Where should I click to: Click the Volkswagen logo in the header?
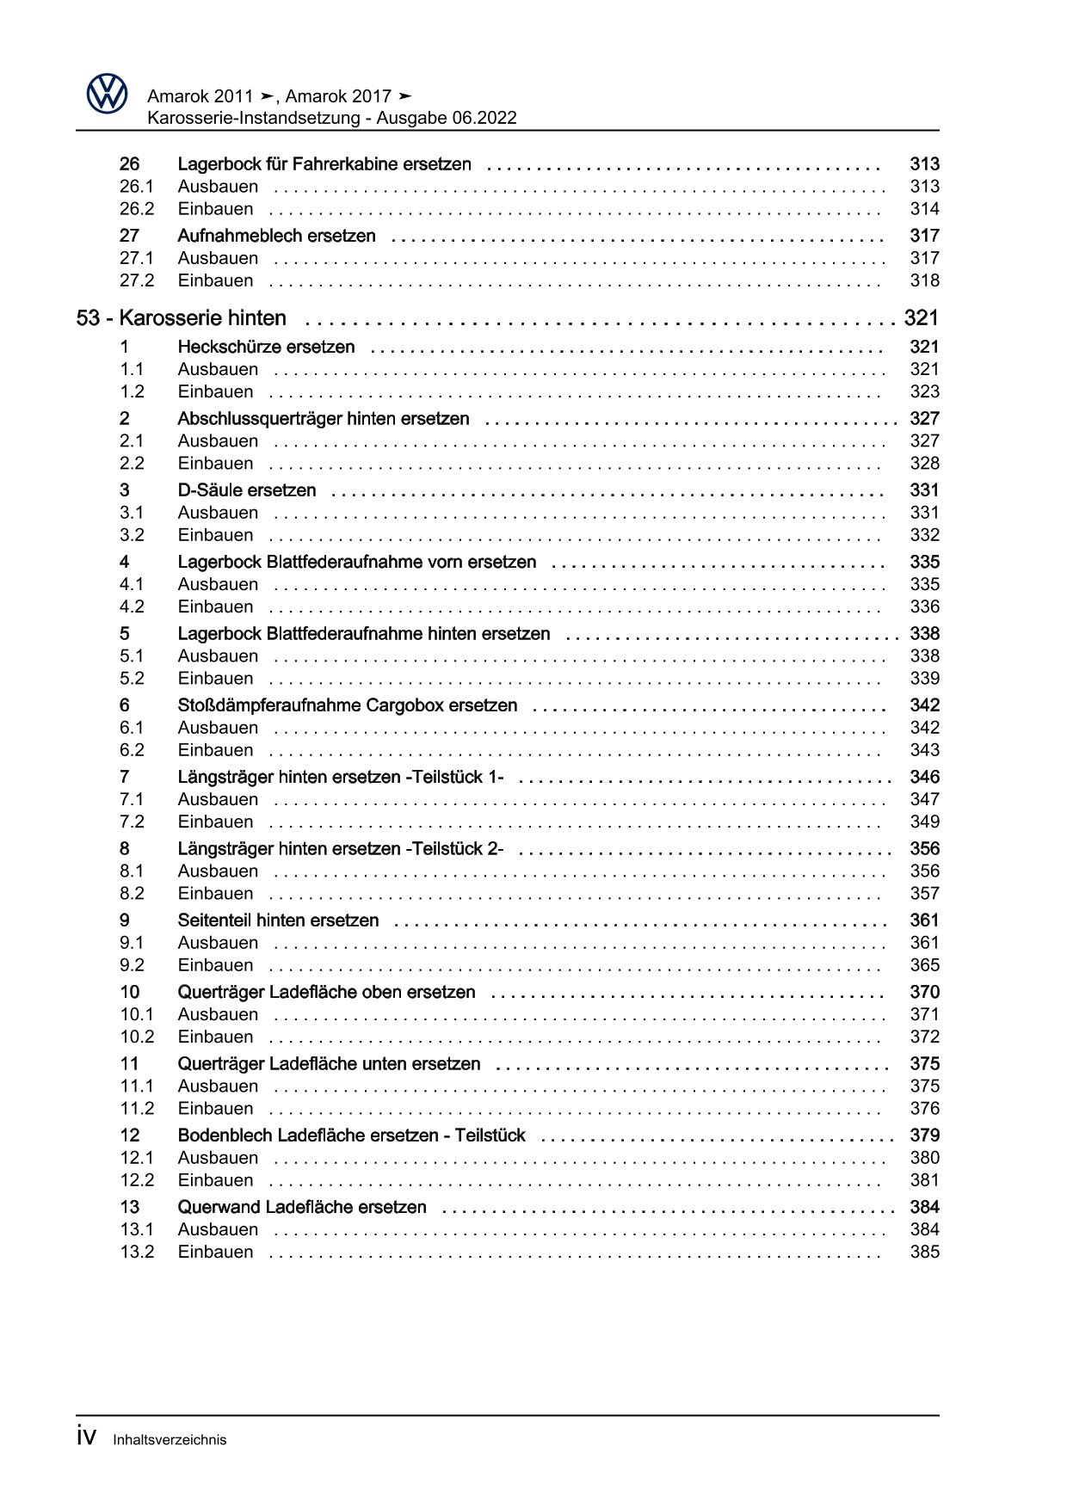(107, 93)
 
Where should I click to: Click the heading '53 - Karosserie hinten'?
(182, 318)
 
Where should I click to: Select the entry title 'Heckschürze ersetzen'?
(266, 348)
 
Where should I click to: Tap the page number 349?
(924, 822)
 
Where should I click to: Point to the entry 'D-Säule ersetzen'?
(246, 490)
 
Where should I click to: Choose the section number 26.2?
(137, 209)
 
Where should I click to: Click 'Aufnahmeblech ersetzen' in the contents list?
(276, 236)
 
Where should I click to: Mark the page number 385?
(924, 1252)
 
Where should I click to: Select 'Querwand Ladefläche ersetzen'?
(302, 1207)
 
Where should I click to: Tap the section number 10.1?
(137, 1014)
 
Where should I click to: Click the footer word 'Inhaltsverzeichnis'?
(170, 1439)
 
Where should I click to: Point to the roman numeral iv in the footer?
(86, 1437)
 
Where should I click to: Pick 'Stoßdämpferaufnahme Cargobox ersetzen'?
(348, 705)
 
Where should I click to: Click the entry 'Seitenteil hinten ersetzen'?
(278, 920)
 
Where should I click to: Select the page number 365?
(924, 965)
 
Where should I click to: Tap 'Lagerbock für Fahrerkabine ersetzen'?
(324, 164)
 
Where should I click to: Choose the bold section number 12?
(129, 1136)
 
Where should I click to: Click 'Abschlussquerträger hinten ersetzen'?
(324, 419)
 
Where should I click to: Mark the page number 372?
(924, 1037)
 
